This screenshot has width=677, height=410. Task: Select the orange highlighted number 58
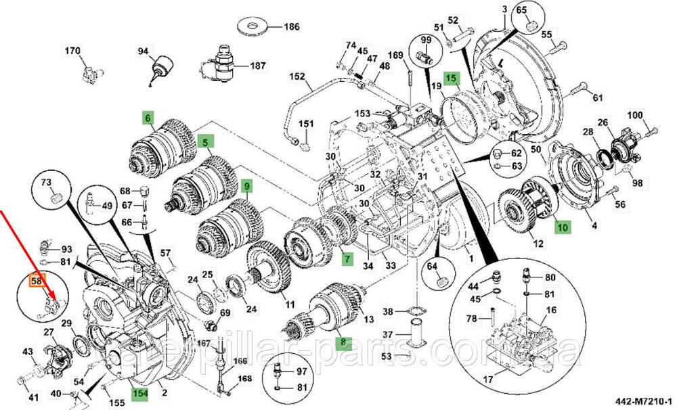tap(33, 279)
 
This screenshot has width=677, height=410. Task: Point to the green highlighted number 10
tap(563, 228)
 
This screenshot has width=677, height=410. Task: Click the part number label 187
tap(258, 66)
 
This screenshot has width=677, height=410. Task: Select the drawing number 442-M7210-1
tap(642, 401)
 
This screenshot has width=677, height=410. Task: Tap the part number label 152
tap(298, 76)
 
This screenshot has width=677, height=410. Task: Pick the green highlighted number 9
tap(246, 185)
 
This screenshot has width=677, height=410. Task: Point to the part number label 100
tap(635, 116)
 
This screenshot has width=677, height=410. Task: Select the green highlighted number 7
tap(346, 258)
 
